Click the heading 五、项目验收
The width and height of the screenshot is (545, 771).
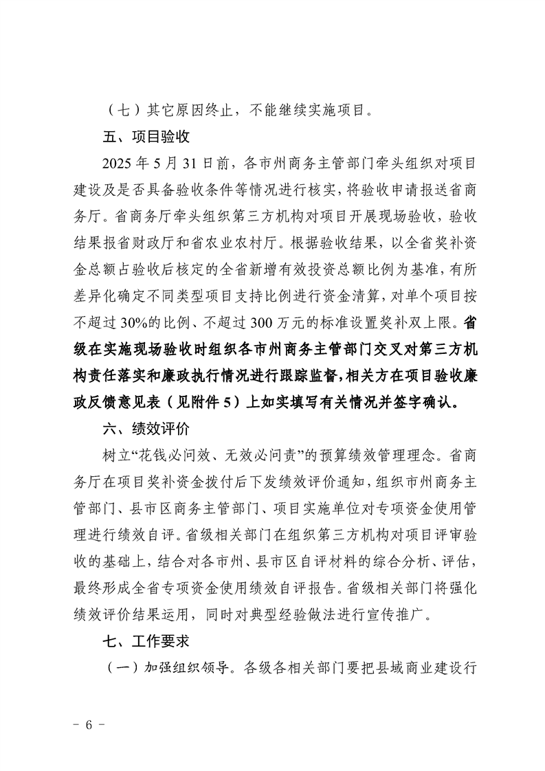pyautogui.click(x=146, y=136)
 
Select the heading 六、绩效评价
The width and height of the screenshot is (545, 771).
pyautogui.click(x=146, y=429)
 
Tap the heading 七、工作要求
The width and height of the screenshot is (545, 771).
pyautogui.click(x=146, y=641)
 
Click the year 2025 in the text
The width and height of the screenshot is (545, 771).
pyautogui.click(x=115, y=163)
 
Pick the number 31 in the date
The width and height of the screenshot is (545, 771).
pyautogui.click(x=194, y=163)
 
